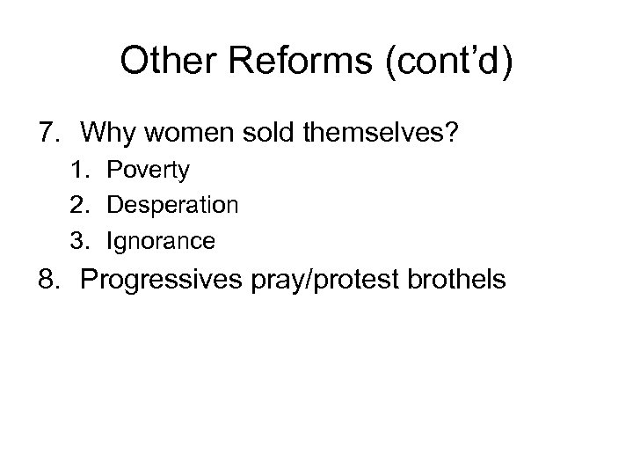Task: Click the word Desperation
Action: [x=172, y=206]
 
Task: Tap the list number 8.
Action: [x=49, y=280]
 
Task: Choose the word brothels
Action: [x=461, y=280]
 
